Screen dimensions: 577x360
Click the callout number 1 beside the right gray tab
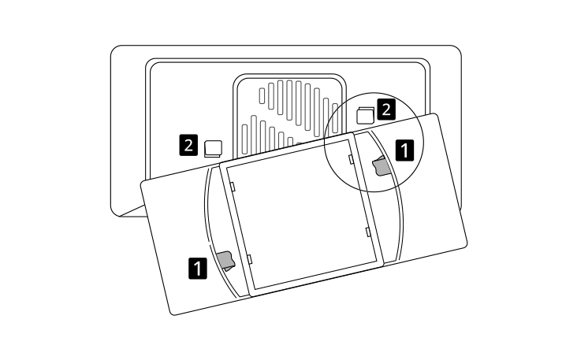404,150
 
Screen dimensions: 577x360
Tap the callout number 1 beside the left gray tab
198,268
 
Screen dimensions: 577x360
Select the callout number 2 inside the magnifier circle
386,109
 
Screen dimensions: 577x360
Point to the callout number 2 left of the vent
188,145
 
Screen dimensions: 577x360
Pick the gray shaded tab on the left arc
226,261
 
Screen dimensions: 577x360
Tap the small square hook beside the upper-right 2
366,116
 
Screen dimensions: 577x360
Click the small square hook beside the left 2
213,149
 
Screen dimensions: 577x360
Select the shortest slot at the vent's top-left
262,95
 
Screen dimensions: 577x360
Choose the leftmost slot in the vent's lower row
244,139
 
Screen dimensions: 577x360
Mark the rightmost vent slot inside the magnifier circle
335,118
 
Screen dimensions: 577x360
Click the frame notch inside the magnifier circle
351,158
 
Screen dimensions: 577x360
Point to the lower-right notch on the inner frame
367,232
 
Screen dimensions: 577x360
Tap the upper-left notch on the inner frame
233,186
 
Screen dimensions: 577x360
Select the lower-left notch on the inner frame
249,259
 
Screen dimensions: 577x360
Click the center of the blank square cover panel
301,214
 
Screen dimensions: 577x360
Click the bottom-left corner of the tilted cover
172,314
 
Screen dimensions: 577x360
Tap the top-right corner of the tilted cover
437,114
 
